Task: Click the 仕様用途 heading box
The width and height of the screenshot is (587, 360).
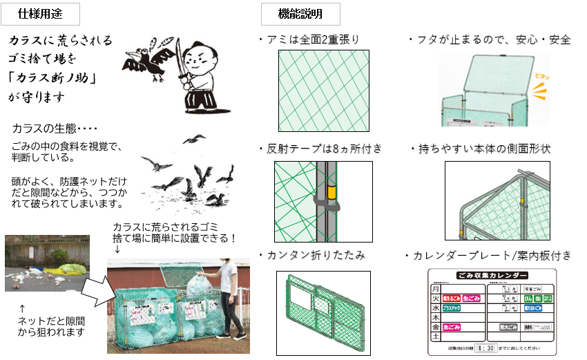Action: pyautogui.click(x=42, y=12)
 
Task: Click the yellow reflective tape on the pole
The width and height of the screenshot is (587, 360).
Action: pyautogui.click(x=332, y=191)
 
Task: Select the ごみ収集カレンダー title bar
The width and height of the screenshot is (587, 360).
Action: pyautogui.click(x=492, y=275)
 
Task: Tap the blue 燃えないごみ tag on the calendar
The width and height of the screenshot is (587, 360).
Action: pyautogui.click(x=532, y=307)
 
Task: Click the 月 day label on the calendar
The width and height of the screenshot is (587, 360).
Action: pyautogui.click(x=436, y=289)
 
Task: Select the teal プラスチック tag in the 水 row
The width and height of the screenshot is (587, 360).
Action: pyautogui.click(x=451, y=307)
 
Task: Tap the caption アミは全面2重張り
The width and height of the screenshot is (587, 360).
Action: pyautogui.click(x=307, y=39)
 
